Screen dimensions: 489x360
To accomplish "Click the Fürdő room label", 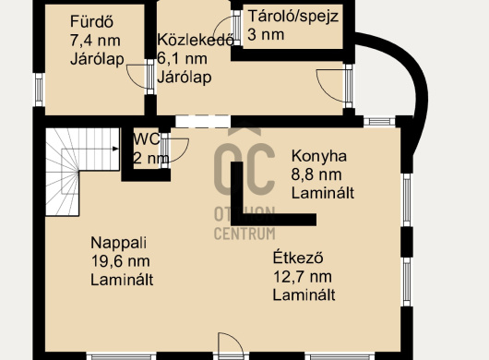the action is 91,22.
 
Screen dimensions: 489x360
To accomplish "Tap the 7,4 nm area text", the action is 95,41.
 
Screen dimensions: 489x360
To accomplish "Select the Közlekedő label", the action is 196,40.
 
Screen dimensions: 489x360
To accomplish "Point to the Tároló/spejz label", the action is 293,17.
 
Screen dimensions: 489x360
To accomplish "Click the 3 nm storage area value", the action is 266,35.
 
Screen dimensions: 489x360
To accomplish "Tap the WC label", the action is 147,139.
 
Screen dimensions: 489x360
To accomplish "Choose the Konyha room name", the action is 318,156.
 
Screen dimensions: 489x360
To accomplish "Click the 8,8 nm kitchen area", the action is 316,174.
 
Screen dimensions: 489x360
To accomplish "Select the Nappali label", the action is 118,243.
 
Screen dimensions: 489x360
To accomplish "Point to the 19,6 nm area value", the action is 120,261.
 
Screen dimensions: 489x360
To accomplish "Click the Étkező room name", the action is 298,258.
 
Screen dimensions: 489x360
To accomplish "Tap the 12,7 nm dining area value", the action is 303,277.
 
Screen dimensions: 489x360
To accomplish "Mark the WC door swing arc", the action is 183,153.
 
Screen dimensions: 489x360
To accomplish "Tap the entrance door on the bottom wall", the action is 231,343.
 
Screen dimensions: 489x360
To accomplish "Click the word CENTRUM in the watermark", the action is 244,234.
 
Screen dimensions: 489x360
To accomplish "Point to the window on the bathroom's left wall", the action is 39,90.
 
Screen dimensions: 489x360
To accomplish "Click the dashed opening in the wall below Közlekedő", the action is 203,121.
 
